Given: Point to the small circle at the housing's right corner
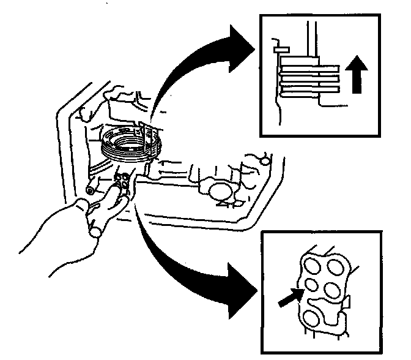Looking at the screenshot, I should click(264, 160).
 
